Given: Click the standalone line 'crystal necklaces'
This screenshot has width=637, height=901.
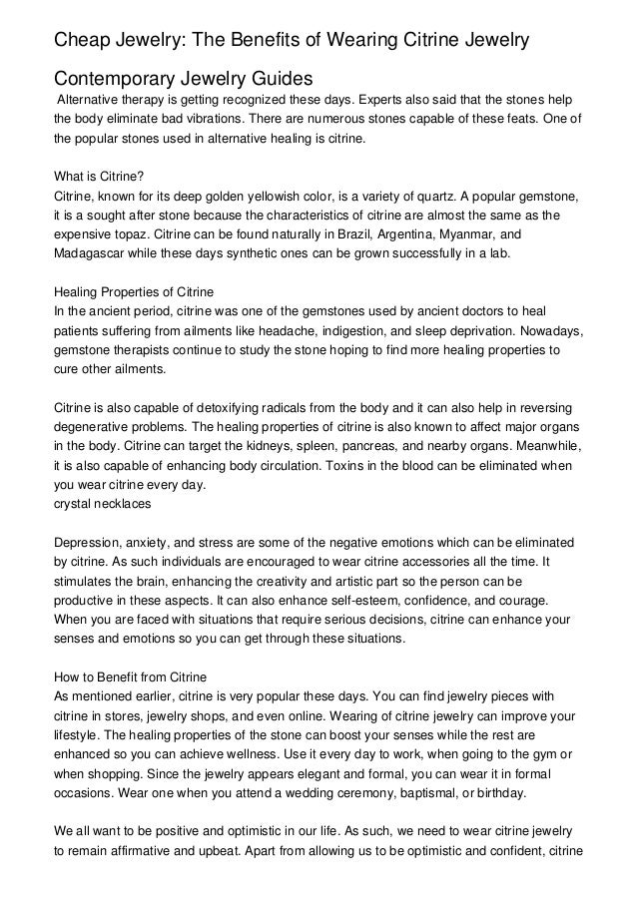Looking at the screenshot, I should click(x=101, y=505).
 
